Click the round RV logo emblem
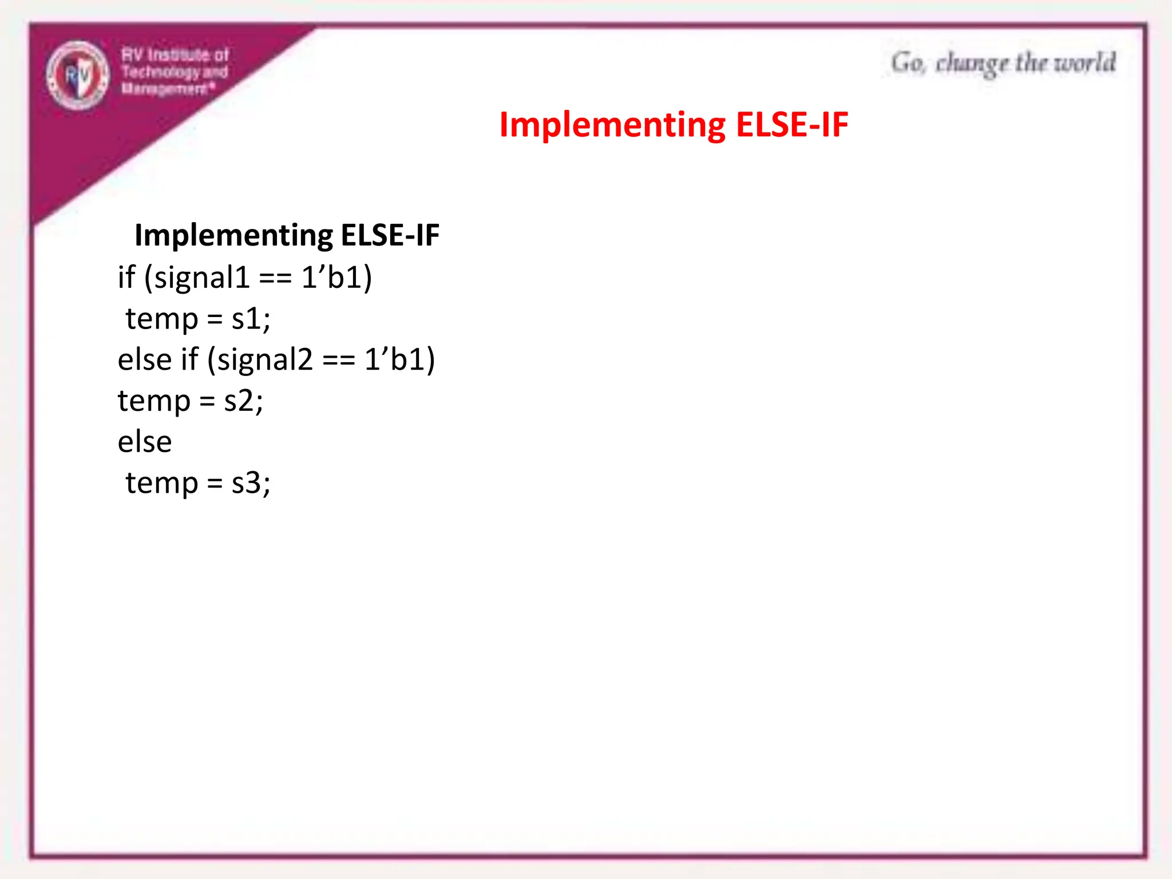[x=78, y=75]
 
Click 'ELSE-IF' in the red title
[x=792, y=124]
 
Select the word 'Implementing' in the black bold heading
[x=233, y=236]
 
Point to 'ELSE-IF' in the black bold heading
[x=390, y=235]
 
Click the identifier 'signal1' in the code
[x=202, y=278]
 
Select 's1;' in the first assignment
[x=251, y=319]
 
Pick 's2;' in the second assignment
[x=243, y=401]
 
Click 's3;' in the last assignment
[x=251, y=483]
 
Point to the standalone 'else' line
[x=145, y=442]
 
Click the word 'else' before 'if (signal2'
[x=145, y=360]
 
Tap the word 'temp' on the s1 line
[x=162, y=319]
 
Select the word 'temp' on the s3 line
[x=162, y=484]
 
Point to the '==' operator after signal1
[x=276, y=279]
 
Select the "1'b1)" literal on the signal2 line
[x=399, y=360]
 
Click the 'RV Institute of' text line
[x=175, y=55]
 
